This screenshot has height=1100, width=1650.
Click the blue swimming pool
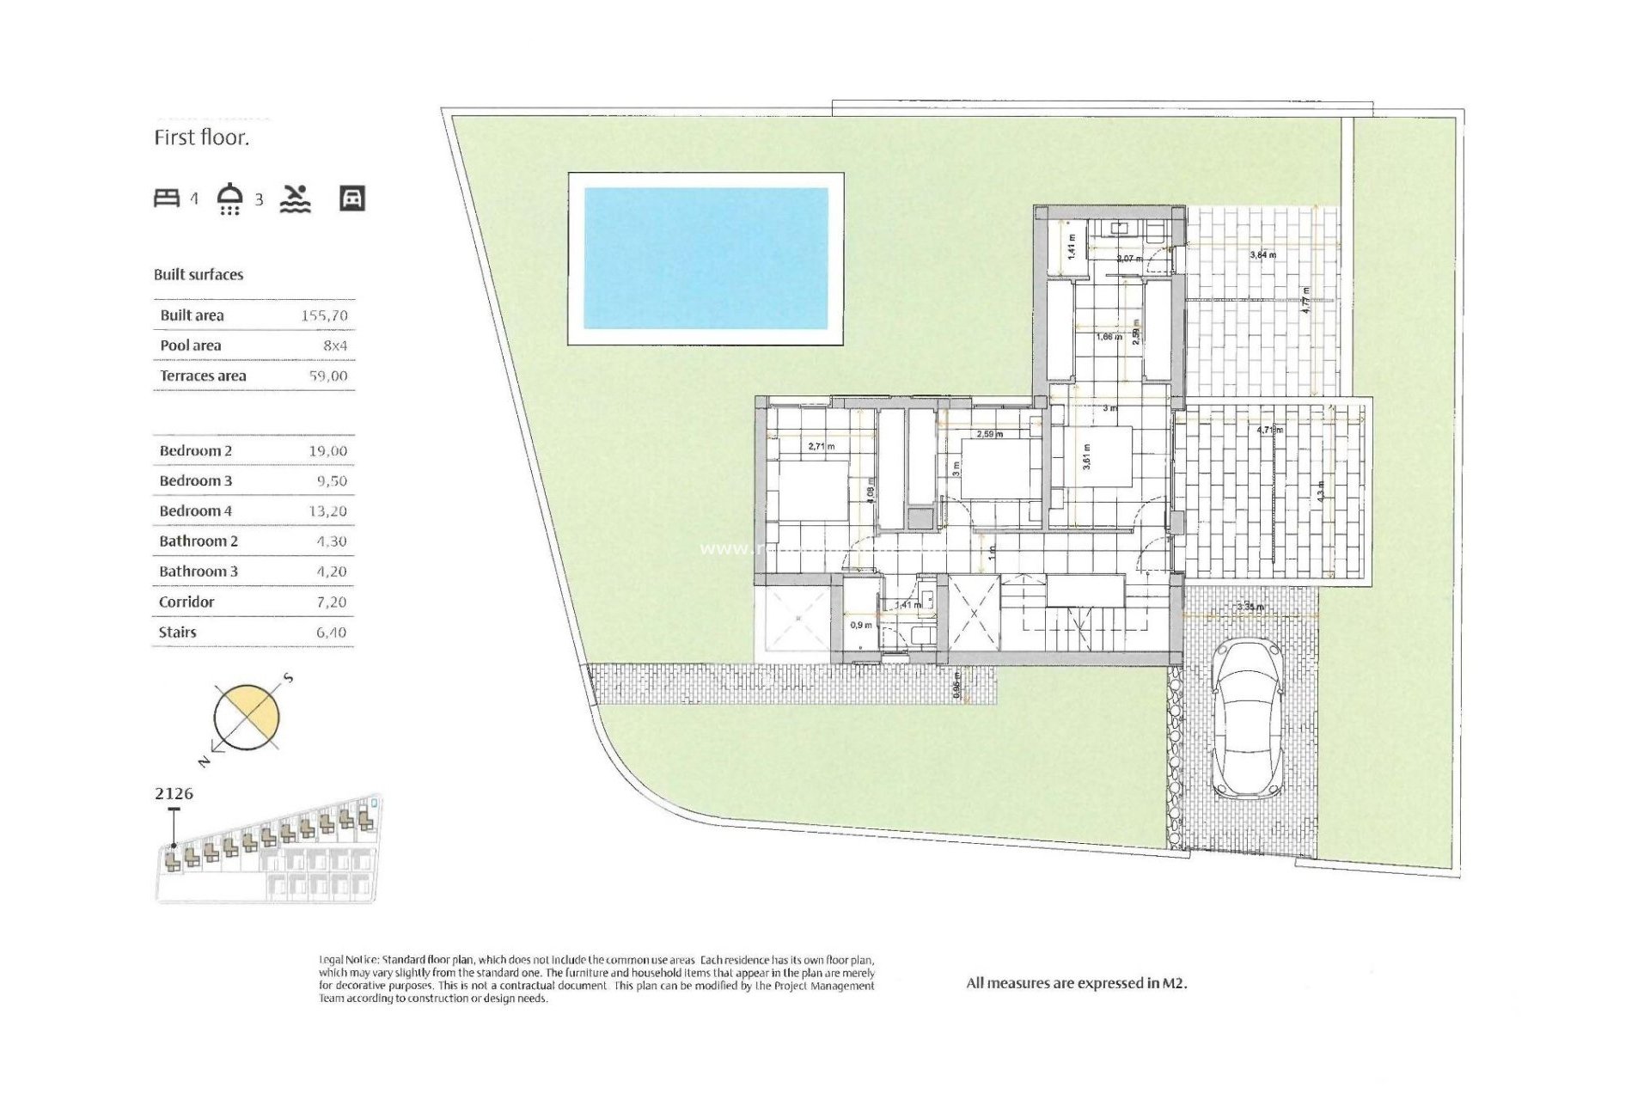(x=706, y=258)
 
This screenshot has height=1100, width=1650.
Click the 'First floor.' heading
(x=202, y=137)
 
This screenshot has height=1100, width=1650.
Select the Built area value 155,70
(x=325, y=315)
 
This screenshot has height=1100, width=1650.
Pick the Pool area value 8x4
(x=335, y=345)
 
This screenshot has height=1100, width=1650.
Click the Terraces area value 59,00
(x=328, y=376)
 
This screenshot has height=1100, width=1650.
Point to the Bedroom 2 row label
(x=196, y=450)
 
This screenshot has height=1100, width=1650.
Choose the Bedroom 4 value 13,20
(x=327, y=510)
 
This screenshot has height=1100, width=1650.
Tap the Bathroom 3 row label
(x=199, y=571)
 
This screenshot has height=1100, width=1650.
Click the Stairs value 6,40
(x=331, y=632)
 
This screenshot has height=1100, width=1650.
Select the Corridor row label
(x=186, y=602)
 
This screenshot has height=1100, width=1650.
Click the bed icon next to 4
(x=167, y=199)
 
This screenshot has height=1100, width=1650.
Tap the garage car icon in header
(x=352, y=199)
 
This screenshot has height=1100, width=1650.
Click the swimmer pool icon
(x=295, y=199)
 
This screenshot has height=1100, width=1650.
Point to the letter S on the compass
(x=289, y=678)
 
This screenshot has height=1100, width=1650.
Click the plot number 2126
(x=174, y=793)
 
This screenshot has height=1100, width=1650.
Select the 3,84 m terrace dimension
(x=1262, y=254)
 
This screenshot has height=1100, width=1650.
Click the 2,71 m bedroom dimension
(x=821, y=446)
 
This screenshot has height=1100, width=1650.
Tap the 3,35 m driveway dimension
(x=1250, y=607)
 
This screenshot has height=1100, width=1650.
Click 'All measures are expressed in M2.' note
(x=1076, y=983)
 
